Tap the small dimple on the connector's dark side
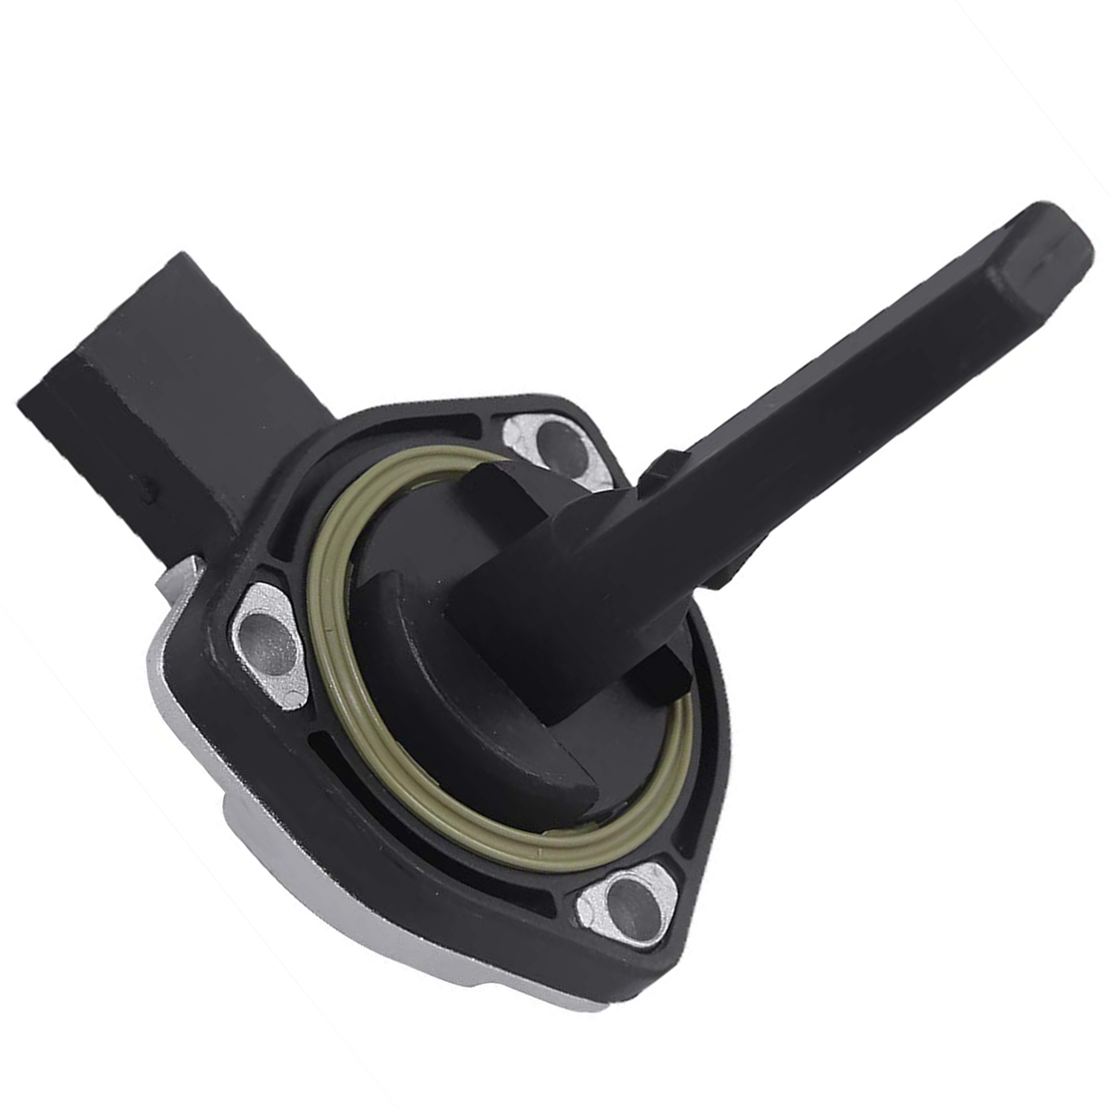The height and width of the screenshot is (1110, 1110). coord(151,486)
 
